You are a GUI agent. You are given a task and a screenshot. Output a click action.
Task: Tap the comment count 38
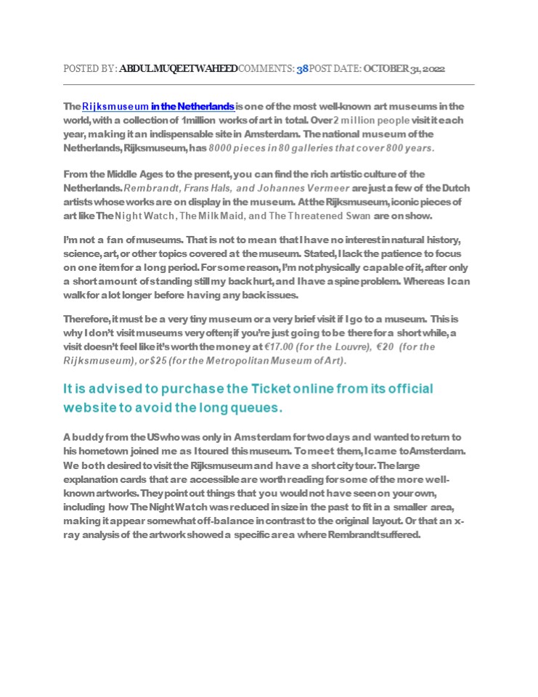(302, 69)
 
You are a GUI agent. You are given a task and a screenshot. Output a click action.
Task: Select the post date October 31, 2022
(404, 69)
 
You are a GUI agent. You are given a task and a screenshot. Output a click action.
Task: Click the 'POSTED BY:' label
(90, 69)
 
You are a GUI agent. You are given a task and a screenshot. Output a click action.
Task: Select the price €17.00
(278, 347)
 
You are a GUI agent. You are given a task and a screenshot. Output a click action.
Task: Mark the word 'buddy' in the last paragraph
(87, 437)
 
